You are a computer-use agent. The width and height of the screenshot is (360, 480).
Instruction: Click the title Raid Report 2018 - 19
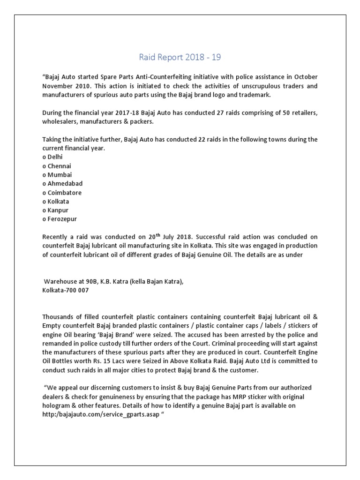(x=180, y=58)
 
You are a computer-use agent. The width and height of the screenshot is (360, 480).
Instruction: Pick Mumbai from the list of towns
(x=60, y=175)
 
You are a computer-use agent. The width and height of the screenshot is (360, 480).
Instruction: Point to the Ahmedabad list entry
(x=65, y=184)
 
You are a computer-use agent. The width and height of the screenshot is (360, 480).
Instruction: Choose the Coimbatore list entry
(x=64, y=193)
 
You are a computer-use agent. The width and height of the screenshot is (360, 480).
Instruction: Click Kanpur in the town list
(x=58, y=210)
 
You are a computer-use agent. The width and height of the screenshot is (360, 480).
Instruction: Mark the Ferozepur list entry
(x=61, y=219)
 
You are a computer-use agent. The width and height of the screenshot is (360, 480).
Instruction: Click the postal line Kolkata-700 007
(x=65, y=291)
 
